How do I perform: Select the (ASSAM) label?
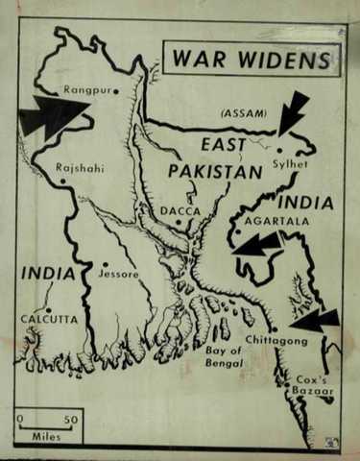click(x=244, y=113)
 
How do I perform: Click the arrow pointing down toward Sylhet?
click(x=293, y=112)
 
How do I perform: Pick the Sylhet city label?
click(x=293, y=165)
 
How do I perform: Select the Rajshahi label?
click(x=80, y=167)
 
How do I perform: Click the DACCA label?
click(x=180, y=207)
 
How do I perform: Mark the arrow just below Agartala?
click(x=257, y=245)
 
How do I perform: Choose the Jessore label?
click(x=119, y=274)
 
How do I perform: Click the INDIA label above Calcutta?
click(x=48, y=274)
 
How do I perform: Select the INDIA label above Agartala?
click(x=305, y=203)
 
